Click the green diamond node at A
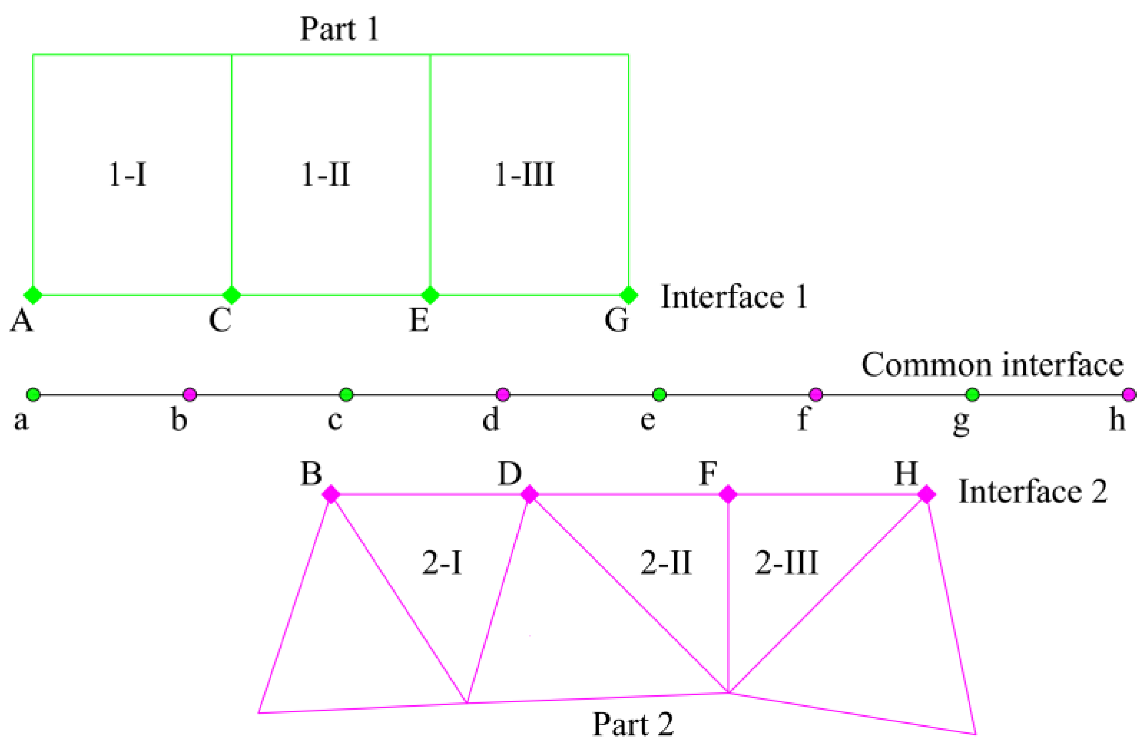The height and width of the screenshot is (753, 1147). pyautogui.click(x=33, y=295)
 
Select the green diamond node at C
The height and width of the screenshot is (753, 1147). pyautogui.click(x=232, y=295)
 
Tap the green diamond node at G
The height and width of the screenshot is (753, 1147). pyautogui.click(x=628, y=295)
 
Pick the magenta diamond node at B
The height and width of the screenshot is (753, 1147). pyautogui.click(x=331, y=494)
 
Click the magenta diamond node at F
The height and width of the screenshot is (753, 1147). pyautogui.click(x=728, y=494)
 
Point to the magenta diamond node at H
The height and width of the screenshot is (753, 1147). pyautogui.click(x=926, y=494)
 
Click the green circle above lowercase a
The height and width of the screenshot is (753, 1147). pyautogui.click(x=33, y=395)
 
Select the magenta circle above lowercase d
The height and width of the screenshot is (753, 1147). pyautogui.click(x=503, y=395)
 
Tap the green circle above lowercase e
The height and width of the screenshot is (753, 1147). pyautogui.click(x=659, y=395)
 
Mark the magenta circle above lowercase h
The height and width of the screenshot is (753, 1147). pyautogui.click(x=1129, y=395)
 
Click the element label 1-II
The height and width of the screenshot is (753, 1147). pyautogui.click(x=326, y=175)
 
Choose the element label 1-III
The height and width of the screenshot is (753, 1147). pyautogui.click(x=525, y=175)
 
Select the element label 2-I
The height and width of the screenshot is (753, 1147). pyautogui.click(x=442, y=563)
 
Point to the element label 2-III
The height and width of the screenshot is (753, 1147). pyautogui.click(x=786, y=563)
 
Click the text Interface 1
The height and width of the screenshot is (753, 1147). pyautogui.click(x=734, y=297)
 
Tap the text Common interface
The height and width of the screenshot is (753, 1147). pyautogui.click(x=992, y=365)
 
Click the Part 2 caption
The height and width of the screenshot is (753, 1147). pyautogui.click(x=633, y=724)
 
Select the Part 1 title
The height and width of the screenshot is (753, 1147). pyautogui.click(x=339, y=29)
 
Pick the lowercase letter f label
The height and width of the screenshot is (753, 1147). pyautogui.click(x=803, y=419)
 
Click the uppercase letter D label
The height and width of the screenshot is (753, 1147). pyautogui.click(x=510, y=474)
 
